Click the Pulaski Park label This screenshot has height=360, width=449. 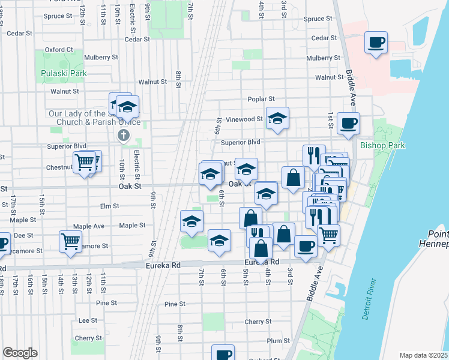[64, 74]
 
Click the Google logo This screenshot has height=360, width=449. [20, 353]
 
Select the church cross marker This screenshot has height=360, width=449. [124, 135]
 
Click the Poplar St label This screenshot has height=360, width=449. [261, 99]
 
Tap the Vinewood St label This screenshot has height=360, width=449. [243, 119]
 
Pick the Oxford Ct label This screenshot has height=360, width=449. [58, 50]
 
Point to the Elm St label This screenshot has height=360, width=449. [109, 206]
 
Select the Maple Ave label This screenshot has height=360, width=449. [88, 226]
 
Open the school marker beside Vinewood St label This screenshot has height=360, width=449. [277, 118]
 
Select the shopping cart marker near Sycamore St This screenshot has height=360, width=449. [70, 241]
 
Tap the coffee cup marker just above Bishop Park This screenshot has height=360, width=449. [348, 124]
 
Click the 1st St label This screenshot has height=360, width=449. [330, 119]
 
